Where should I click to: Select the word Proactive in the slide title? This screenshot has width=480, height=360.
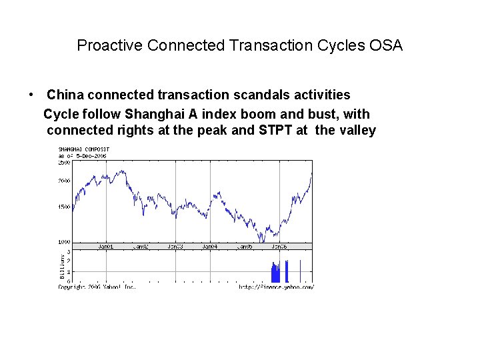[x=109, y=45]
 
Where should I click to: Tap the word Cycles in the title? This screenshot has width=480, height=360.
[x=340, y=45]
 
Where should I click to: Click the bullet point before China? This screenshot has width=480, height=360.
[x=31, y=95]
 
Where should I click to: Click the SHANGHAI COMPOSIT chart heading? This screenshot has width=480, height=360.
[x=84, y=150]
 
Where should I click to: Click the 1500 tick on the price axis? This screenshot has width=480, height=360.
[x=64, y=207]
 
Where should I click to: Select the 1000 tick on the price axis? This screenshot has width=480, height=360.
[x=64, y=242]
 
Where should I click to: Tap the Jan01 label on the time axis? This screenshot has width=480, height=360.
[x=106, y=247]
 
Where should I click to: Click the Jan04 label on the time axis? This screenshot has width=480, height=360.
[x=210, y=247]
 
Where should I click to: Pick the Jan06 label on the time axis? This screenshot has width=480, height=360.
[x=279, y=247]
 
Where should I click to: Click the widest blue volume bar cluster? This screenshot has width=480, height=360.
[x=276, y=272]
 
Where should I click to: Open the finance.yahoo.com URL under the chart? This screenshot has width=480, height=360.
[x=276, y=287]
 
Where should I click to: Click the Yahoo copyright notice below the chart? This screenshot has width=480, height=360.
[x=97, y=287]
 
